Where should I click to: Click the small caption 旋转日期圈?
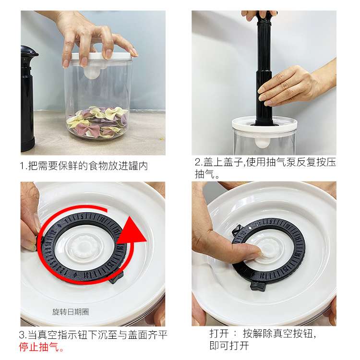(x=71, y=312)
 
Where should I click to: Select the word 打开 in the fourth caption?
(x=219, y=334)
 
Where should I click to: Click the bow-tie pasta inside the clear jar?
(x=97, y=122)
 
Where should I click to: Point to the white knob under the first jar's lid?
(x=92, y=72)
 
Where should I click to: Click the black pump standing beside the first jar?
(x=28, y=99)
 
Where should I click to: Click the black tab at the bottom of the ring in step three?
(x=117, y=276)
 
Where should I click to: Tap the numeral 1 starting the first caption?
(x=22, y=166)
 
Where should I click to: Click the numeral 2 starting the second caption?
(x=197, y=162)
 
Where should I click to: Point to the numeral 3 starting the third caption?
(x=22, y=335)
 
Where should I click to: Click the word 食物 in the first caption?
(x=98, y=166)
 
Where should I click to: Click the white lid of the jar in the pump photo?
(x=264, y=125)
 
